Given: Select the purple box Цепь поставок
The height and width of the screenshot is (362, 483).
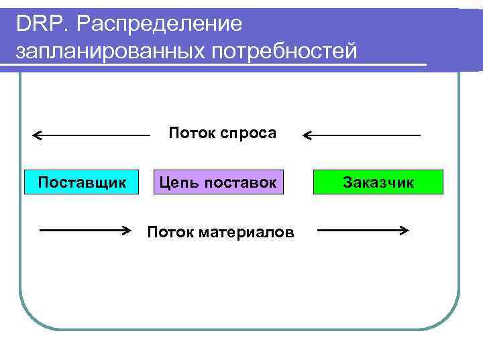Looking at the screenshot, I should coord(219,182).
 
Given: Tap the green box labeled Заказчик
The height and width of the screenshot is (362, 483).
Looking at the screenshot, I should coord(378,182).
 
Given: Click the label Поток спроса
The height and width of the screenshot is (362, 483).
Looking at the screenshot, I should coord(222,133).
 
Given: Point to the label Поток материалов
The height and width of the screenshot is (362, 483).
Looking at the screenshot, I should coord(220,233).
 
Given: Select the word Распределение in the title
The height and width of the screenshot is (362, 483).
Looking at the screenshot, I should coord(159,24).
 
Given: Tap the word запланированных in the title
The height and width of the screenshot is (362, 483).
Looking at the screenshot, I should coord(109,51).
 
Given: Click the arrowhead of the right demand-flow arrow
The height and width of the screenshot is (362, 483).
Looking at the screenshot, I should coord(307,136).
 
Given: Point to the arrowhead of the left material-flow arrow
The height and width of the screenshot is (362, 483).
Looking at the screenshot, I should coord(125,231).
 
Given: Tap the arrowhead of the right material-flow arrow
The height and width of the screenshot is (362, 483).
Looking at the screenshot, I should coord(405,231).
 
